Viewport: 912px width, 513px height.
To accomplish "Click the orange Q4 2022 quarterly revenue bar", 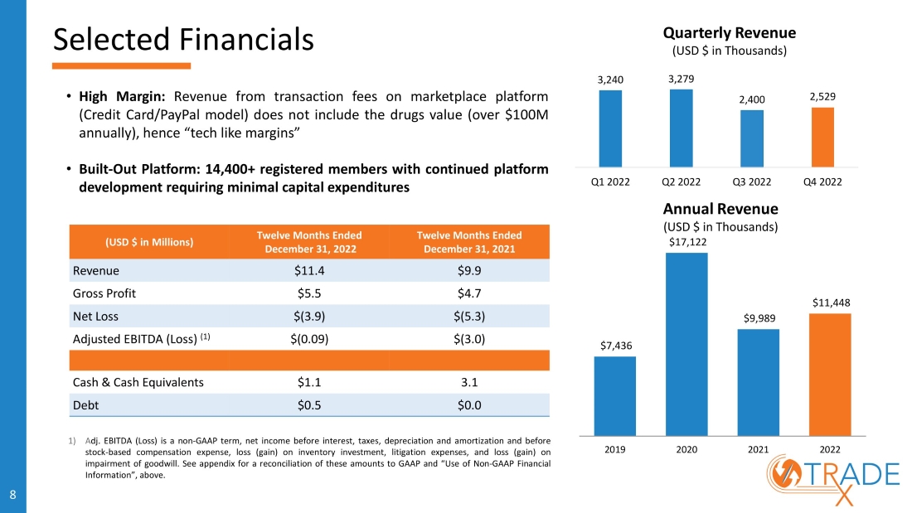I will (x=822, y=137).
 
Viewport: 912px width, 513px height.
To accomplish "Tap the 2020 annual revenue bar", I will (x=686, y=343).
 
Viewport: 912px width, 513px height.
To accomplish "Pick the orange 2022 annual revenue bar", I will (x=829, y=374).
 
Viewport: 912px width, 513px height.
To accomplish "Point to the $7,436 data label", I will (x=615, y=346).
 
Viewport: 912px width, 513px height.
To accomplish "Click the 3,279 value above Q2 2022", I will (x=682, y=79).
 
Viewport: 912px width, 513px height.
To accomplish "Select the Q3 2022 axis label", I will (x=752, y=181).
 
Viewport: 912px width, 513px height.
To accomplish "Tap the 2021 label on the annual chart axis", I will (x=758, y=448).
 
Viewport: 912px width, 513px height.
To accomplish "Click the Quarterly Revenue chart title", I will (x=729, y=33).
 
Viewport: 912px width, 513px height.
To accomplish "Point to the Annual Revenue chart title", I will (x=720, y=208).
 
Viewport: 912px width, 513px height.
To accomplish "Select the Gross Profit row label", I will (x=104, y=293).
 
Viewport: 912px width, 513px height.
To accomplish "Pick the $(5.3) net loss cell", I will (x=469, y=316).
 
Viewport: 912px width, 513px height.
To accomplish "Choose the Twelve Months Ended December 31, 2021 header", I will (x=469, y=241).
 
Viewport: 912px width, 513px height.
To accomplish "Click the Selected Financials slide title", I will (x=183, y=38).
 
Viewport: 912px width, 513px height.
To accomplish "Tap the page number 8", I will (x=12, y=495).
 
